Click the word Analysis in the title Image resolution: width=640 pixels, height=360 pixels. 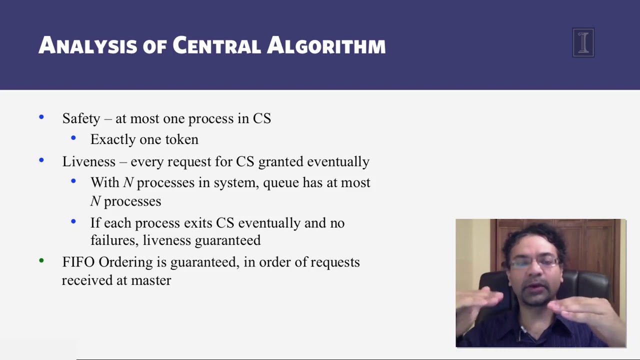[x=88, y=45]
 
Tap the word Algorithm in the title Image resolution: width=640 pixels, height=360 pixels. [x=326, y=45]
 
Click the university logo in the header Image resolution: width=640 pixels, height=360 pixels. [x=583, y=42]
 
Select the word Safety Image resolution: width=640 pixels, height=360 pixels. [x=81, y=118]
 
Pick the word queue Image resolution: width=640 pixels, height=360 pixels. [x=280, y=182]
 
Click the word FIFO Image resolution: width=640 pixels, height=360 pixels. [x=78, y=262]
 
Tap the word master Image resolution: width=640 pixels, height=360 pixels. [x=151, y=280]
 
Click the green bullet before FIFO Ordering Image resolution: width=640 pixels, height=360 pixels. [x=41, y=260]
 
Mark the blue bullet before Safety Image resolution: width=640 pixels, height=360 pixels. [x=41, y=117]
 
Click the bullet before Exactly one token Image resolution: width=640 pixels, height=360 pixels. [x=73, y=138]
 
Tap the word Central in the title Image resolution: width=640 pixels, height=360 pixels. [x=216, y=45]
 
